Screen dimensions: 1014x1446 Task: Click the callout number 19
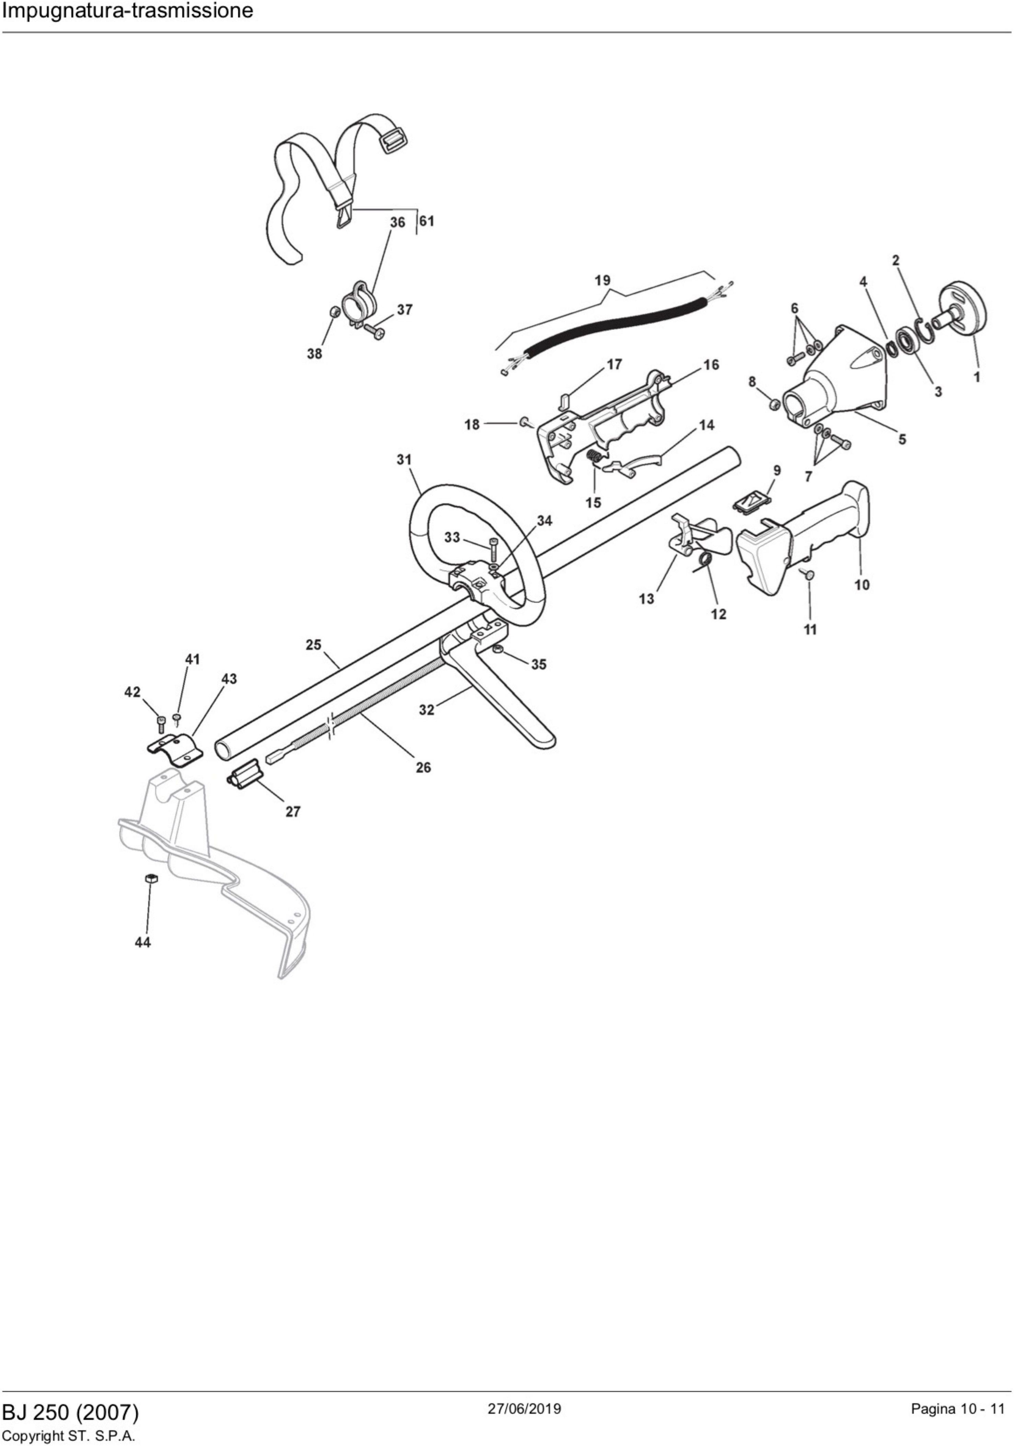click(x=602, y=280)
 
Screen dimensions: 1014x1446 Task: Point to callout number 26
click(x=424, y=767)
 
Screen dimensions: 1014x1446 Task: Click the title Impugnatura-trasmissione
click(x=128, y=11)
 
